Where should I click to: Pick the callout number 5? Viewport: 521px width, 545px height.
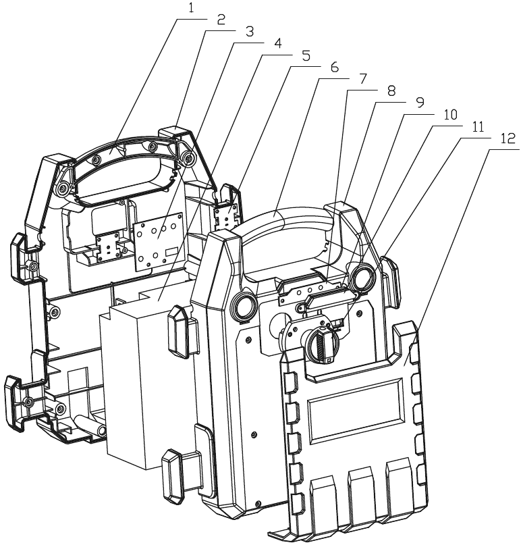306,56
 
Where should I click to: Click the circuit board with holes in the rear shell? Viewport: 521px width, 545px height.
159,240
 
